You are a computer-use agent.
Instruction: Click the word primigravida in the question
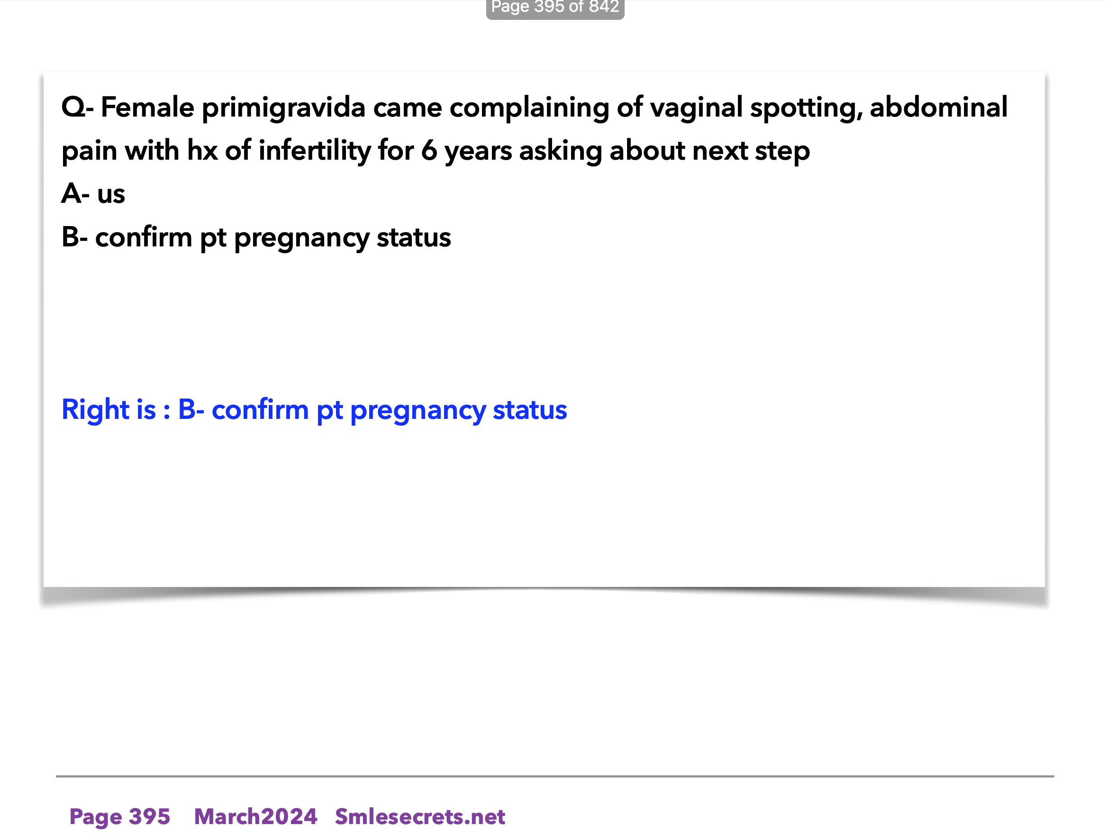283,108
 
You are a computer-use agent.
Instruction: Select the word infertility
314,151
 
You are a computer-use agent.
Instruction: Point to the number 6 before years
429,151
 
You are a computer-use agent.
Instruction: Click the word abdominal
939,107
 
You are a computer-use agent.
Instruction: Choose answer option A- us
93,194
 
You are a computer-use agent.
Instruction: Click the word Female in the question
147,107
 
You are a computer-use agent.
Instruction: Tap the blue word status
529,410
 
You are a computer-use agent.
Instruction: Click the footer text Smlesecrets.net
420,816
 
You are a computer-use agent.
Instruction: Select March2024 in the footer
255,816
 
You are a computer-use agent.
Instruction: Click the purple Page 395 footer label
120,817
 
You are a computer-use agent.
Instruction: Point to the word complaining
529,108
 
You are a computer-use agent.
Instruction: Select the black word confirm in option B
144,237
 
